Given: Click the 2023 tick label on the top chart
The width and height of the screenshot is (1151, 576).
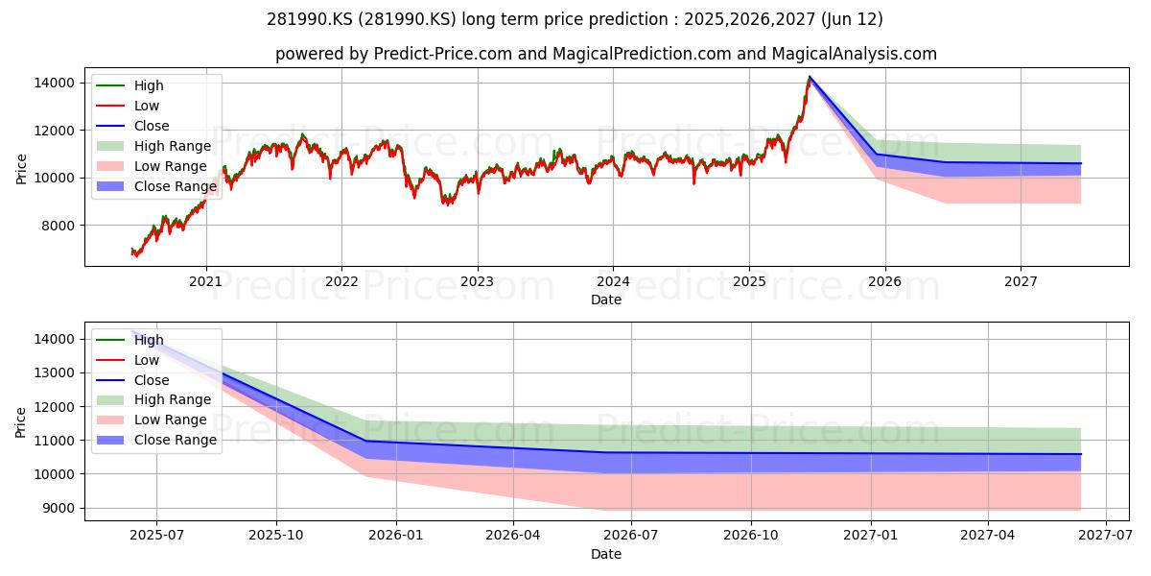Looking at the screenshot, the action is (x=478, y=282).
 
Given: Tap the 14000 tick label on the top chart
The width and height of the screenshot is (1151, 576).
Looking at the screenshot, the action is (x=55, y=83).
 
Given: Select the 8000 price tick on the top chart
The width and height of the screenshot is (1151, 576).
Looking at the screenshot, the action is (x=59, y=226).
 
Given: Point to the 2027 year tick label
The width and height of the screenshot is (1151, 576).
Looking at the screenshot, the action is (x=1021, y=282).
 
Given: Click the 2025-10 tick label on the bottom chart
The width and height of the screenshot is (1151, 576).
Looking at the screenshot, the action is (x=276, y=536).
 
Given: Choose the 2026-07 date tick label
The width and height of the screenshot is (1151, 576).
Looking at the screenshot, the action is (x=631, y=536).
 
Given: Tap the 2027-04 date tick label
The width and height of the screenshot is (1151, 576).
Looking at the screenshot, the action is (x=988, y=536).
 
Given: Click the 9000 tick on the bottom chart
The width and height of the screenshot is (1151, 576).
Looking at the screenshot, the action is (x=59, y=508).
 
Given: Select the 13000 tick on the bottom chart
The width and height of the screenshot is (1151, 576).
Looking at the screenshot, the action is (x=55, y=372).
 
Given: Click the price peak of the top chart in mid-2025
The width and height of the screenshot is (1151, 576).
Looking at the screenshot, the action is (x=810, y=77).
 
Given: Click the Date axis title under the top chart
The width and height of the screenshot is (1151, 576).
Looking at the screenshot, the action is (x=606, y=300).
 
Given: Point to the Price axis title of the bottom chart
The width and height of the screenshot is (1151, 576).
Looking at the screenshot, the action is (x=20, y=422).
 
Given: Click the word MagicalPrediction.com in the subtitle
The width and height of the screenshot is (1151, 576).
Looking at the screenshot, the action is (x=642, y=54).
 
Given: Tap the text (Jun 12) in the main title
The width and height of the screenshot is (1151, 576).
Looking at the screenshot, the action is (x=852, y=19).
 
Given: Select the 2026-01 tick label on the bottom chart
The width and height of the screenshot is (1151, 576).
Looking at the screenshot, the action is (x=396, y=536).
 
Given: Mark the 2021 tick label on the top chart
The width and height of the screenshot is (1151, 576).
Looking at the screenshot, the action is (x=206, y=282).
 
